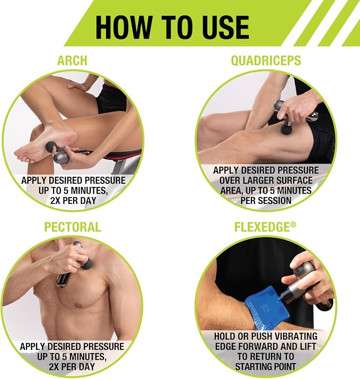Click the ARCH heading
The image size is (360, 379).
pyautogui.click(x=72, y=61)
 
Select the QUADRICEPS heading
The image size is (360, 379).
pyautogui.click(x=266, y=61)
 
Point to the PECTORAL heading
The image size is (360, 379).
pyautogui.click(x=73, y=227)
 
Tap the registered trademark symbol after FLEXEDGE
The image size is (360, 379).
pyautogui.click(x=293, y=225)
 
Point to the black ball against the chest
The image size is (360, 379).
pyautogui.click(x=86, y=263)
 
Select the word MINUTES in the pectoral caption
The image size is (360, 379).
pyautogui.click(x=84, y=357)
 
